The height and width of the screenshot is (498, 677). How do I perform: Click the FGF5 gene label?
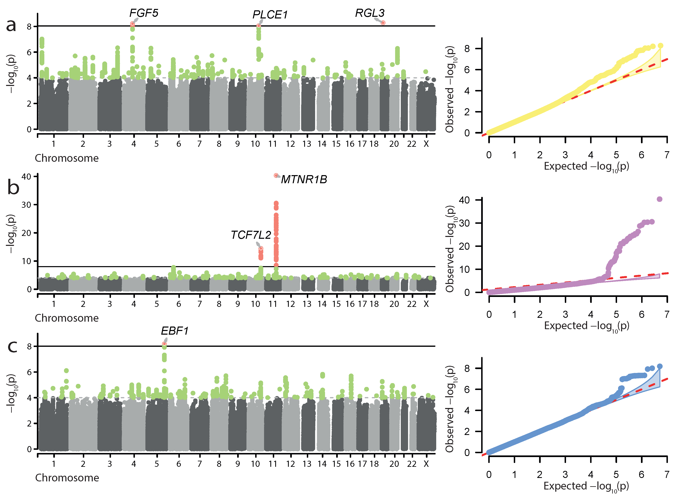point(144,13)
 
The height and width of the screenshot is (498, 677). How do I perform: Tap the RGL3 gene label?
point(370,13)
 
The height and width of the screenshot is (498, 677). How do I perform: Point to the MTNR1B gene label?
point(304,180)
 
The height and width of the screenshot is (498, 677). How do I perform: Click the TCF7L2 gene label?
point(251,235)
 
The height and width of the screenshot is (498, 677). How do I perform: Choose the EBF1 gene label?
point(175,331)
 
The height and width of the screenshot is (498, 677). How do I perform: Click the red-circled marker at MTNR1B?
point(276,176)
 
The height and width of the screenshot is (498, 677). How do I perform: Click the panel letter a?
point(11,25)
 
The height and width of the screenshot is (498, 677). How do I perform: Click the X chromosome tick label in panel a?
point(426,144)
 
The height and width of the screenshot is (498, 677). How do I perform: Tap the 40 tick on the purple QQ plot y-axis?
point(464,200)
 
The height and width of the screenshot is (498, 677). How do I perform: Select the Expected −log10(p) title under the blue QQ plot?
point(586,486)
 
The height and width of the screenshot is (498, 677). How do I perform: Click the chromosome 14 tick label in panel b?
point(322,304)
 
